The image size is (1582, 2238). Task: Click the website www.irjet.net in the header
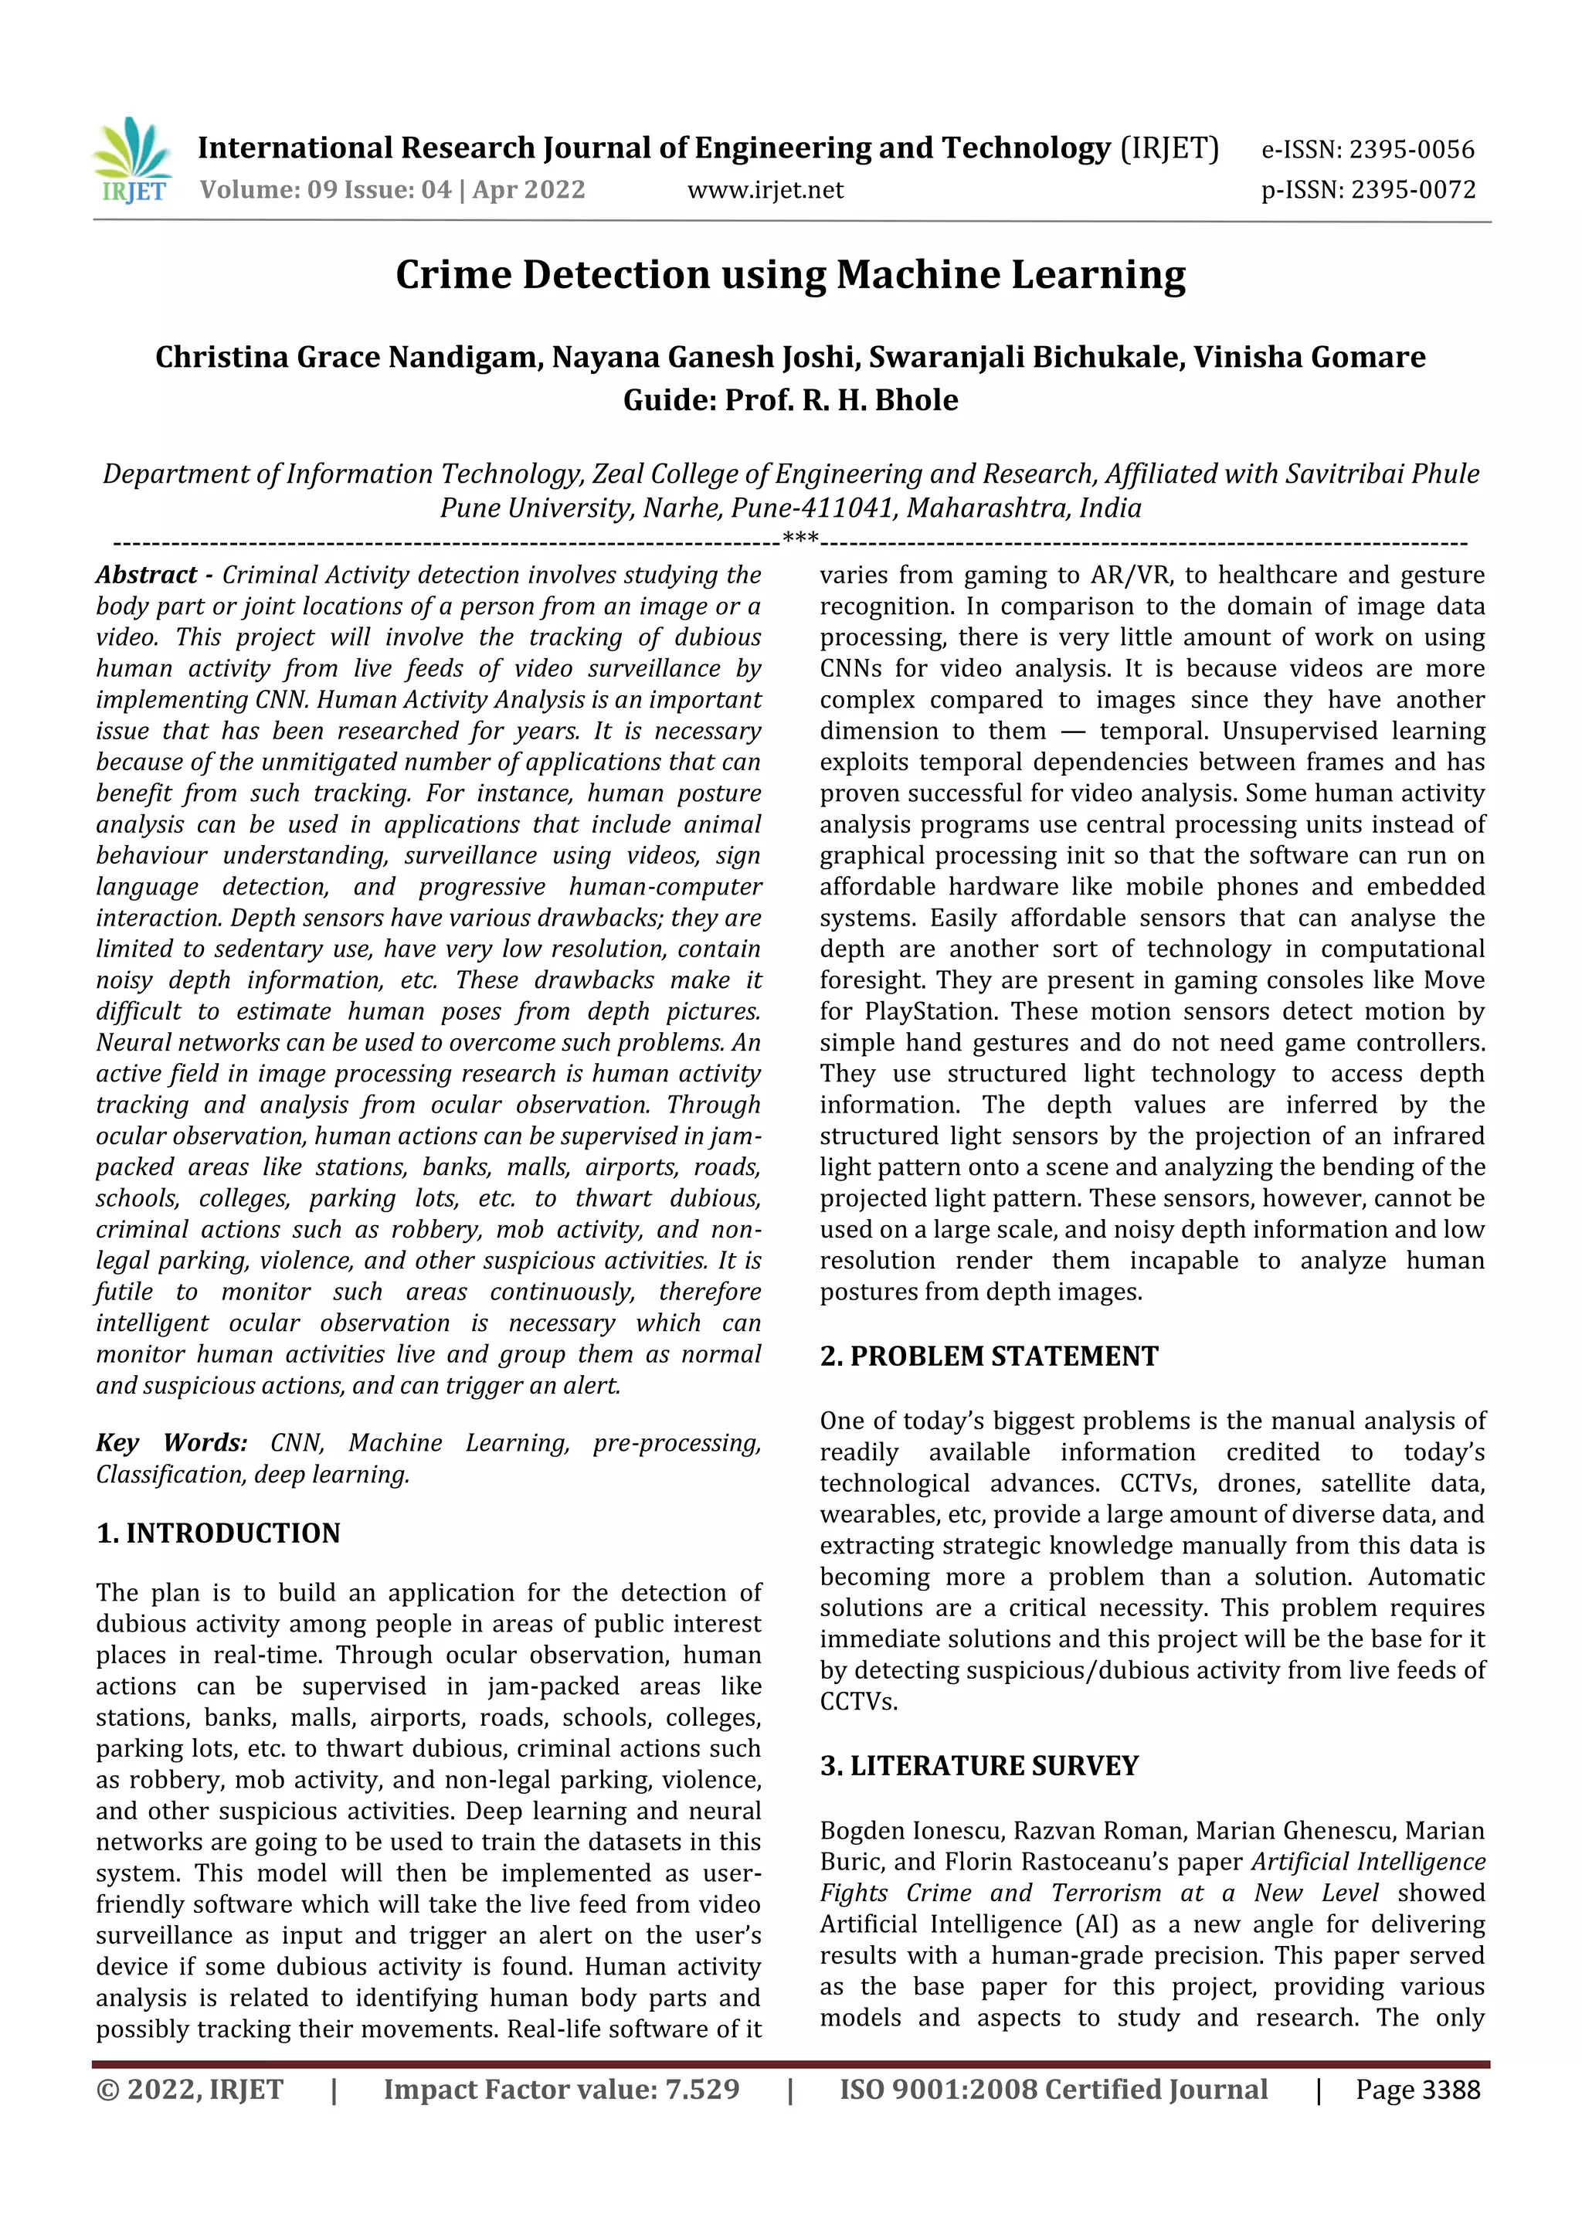pyautogui.click(x=766, y=190)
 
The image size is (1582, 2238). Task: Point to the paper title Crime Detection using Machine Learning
pyautogui.click(x=790, y=275)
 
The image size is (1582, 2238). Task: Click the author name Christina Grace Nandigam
pyautogui.click(x=347, y=358)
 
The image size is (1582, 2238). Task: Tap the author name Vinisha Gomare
pyautogui.click(x=1309, y=358)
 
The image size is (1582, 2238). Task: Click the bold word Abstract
pyautogui.click(x=146, y=575)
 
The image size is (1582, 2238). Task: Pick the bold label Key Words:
pyautogui.click(x=171, y=1442)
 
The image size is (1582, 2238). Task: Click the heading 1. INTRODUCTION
pyautogui.click(x=219, y=1533)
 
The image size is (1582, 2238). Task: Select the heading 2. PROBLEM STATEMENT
pyautogui.click(x=989, y=1356)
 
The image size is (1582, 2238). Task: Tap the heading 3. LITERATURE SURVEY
pyautogui.click(x=979, y=1765)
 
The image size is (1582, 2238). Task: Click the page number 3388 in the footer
pyautogui.click(x=1451, y=2090)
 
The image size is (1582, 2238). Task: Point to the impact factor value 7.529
pyautogui.click(x=702, y=2090)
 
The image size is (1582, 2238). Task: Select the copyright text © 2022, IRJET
pyautogui.click(x=190, y=2090)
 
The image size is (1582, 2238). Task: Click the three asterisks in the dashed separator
pyautogui.click(x=800, y=539)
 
